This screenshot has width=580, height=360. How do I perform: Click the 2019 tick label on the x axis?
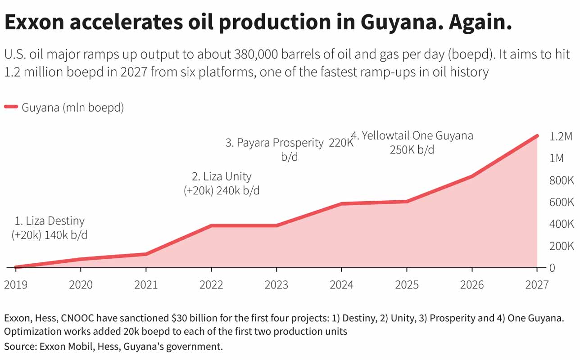tap(16, 285)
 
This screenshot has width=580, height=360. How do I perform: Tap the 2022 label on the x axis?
tap(211, 285)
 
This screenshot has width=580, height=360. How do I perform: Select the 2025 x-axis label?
tap(407, 285)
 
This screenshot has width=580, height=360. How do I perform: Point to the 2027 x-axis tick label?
tap(537, 285)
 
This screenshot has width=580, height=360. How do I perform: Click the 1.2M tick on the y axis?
tap(561, 136)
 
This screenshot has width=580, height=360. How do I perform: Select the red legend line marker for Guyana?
tap(11, 108)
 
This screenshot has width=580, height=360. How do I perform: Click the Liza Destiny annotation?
tap(50, 228)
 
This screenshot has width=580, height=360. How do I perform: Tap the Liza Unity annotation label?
tap(222, 183)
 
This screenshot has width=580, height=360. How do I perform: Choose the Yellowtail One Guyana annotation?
tap(412, 142)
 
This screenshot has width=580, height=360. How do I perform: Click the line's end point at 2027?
tap(537, 135)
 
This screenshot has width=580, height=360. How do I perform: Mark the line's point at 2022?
tap(211, 225)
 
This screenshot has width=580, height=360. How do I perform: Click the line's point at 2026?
tap(471, 176)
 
